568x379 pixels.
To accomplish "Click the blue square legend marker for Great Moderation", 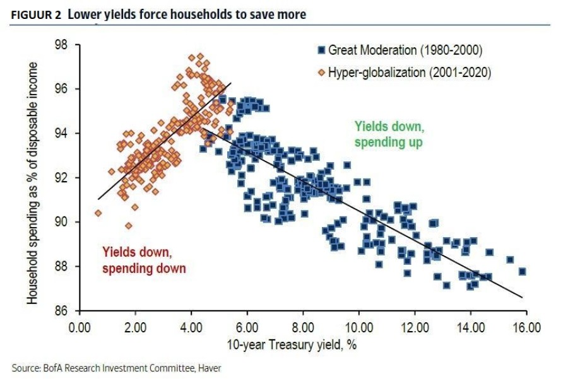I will (x=321, y=50).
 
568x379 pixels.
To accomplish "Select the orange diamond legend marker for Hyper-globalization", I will (x=321, y=72).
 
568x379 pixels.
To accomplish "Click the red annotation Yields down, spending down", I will (x=144, y=260).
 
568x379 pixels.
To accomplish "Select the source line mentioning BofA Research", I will (x=115, y=367).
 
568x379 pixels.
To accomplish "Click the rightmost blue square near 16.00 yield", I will (x=522, y=272).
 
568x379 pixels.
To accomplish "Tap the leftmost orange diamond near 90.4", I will (x=98, y=213).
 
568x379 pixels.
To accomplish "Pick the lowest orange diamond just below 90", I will (x=129, y=226).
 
